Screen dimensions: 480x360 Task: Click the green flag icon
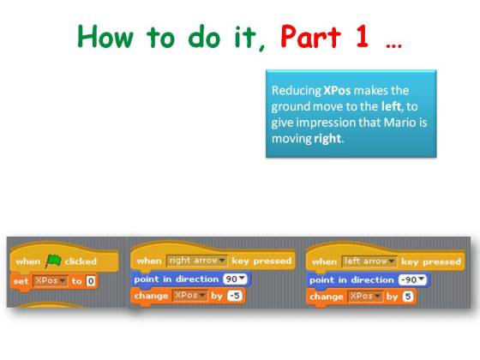[53, 261]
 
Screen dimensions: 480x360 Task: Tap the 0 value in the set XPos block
[91, 281]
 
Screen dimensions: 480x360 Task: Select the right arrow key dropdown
[197, 261]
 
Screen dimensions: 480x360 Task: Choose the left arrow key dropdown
[369, 261]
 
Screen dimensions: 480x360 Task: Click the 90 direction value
[235, 279]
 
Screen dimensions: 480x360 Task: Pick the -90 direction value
[412, 279]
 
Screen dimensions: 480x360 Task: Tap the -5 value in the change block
[235, 296]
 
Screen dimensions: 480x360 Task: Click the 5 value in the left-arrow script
[408, 297]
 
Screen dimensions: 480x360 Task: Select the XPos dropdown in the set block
[50, 281]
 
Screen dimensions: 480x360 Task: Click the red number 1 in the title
[362, 36]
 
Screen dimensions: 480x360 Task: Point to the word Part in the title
[310, 37]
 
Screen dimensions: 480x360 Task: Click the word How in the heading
[105, 36]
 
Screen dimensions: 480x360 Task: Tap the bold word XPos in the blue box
[337, 91]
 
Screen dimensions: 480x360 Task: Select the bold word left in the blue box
[391, 106]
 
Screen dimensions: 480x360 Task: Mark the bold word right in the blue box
[327, 139]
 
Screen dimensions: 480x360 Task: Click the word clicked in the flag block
[81, 261]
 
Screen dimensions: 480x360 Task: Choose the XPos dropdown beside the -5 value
[189, 296]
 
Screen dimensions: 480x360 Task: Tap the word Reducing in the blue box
[297, 91]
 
